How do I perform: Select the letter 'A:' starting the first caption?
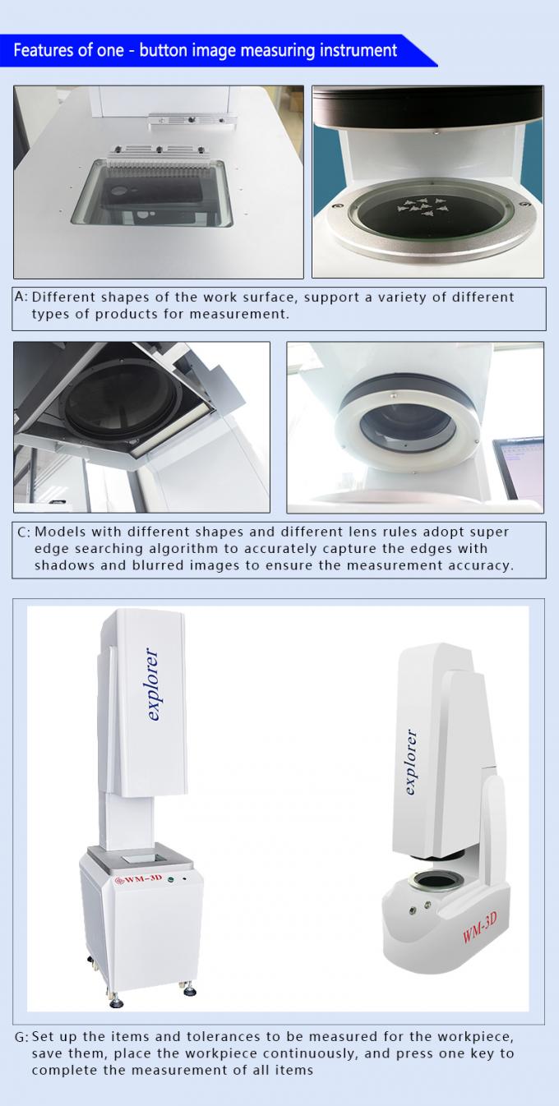[21, 297]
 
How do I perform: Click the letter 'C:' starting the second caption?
[24, 532]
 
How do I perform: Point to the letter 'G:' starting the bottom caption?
[22, 1038]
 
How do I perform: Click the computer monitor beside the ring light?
[517, 472]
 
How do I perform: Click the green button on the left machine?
[169, 878]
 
